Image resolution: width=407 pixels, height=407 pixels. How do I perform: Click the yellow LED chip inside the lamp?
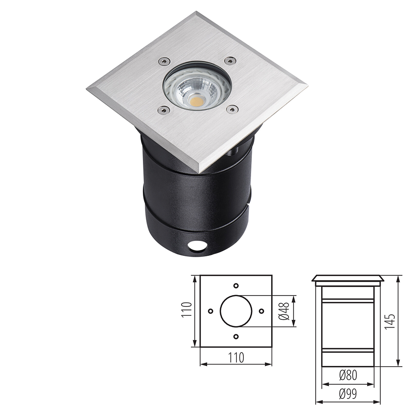tap(197, 98)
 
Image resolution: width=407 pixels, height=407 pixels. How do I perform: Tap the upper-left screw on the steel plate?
tap(163, 61)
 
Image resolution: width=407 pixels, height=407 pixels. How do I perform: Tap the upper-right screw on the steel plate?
tap(230, 61)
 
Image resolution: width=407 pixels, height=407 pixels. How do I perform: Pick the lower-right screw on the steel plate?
tap(232, 109)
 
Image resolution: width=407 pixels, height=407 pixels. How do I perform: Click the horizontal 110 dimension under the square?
tap(236, 358)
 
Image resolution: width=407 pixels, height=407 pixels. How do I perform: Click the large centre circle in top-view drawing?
tap(236, 311)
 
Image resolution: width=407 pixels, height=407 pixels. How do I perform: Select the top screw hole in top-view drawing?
tap(236, 286)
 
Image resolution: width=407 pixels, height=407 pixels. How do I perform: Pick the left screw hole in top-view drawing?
tap(210, 311)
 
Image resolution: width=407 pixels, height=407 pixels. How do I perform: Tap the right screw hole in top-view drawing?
tap(261, 311)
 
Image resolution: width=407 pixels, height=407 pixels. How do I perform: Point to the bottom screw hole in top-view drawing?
tap(236, 337)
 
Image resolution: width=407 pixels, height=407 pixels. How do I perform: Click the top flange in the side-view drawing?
tap(347, 280)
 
